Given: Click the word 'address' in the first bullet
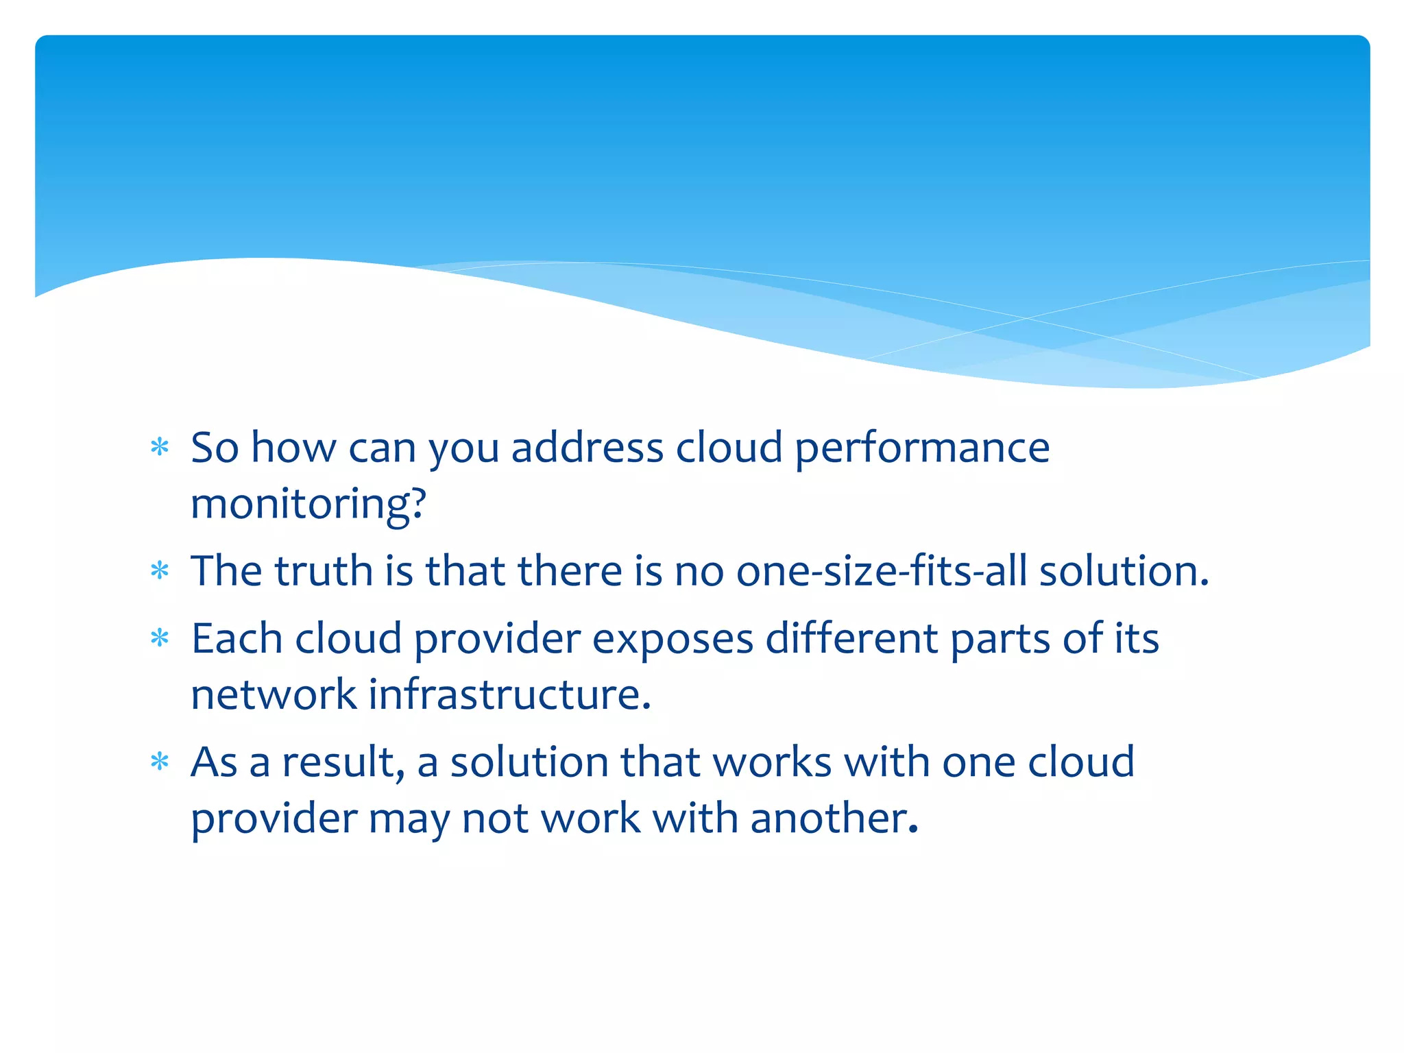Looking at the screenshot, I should click(x=587, y=448).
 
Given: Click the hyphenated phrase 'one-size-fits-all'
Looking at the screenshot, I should click(x=882, y=570).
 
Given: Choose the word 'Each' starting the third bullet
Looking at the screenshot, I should click(x=237, y=638).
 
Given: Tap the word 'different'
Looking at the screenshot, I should click(x=851, y=638).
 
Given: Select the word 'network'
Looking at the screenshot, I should click(x=274, y=694).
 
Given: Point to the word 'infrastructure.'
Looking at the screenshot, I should click(x=509, y=694).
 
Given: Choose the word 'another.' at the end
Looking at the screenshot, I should click(x=834, y=818).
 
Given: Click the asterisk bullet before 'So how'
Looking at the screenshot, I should click(x=160, y=448).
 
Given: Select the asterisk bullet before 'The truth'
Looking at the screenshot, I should click(x=160, y=570).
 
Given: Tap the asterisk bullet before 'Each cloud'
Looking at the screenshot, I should click(x=160, y=638).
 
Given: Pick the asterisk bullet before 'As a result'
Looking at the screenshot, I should click(x=160, y=762).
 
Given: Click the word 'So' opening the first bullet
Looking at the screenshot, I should click(x=215, y=448).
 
